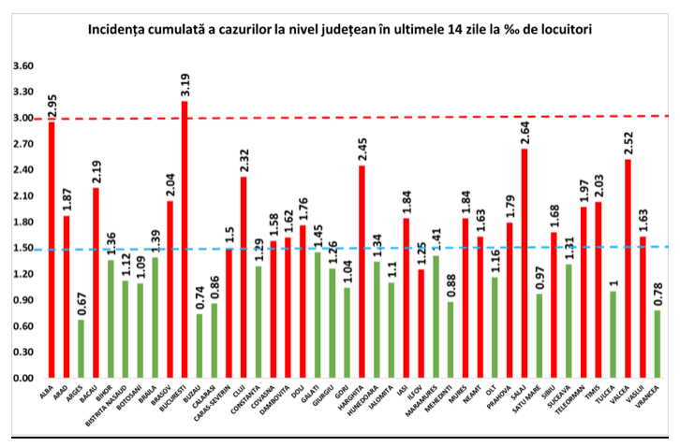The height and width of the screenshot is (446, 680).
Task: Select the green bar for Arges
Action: pyautogui.click(x=81, y=349)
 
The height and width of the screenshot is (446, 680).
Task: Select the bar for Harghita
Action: pyautogui.click(x=361, y=271)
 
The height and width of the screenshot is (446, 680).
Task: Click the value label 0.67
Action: pyautogui.click(x=81, y=304)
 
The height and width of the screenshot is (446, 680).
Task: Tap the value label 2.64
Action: pyautogui.click(x=524, y=133)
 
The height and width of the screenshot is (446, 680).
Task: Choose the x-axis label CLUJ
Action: pyautogui.click(x=240, y=392)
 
